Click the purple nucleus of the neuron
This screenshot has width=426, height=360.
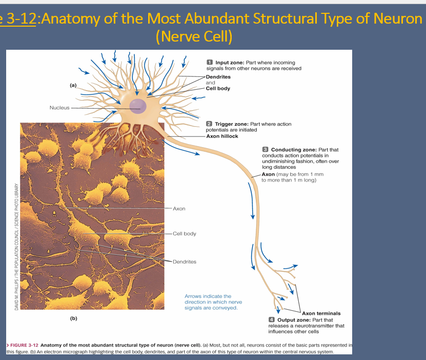[x=137, y=106]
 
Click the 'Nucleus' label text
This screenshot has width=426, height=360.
[x=59, y=108]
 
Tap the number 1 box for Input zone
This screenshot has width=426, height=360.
[x=210, y=62]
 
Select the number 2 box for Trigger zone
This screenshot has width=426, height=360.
[x=209, y=124]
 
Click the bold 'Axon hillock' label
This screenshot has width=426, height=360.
[x=222, y=136]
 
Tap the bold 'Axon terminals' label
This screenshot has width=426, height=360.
[x=321, y=313]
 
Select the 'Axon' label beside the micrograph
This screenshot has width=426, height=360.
[x=179, y=209]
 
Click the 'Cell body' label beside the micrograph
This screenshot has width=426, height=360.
[x=184, y=234]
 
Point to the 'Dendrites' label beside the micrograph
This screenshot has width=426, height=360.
[x=184, y=262]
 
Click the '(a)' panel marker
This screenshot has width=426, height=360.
[x=74, y=86]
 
